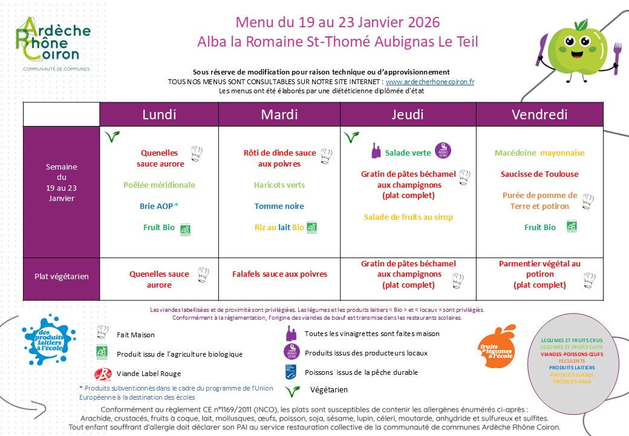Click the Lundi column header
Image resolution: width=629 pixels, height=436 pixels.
159,114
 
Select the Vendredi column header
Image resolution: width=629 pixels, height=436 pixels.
539,114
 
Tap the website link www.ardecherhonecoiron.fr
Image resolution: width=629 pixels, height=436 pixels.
430,82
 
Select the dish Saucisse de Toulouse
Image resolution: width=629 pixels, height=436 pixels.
539,174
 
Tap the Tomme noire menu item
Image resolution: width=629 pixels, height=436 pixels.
279,206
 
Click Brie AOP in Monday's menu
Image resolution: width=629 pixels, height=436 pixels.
159,206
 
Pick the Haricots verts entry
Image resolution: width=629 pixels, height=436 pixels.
279,185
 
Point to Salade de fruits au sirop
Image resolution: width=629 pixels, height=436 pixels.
408,217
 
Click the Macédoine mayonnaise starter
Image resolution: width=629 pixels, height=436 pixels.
539,153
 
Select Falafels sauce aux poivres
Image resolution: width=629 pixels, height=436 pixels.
279,274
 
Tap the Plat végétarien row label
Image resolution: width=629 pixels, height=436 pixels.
61,277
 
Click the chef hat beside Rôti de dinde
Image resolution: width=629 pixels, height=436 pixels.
327,154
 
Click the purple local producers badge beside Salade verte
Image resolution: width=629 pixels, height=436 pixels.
443,151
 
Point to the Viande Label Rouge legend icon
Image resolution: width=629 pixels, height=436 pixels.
103,373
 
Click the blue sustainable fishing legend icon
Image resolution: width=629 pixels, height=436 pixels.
292,372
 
